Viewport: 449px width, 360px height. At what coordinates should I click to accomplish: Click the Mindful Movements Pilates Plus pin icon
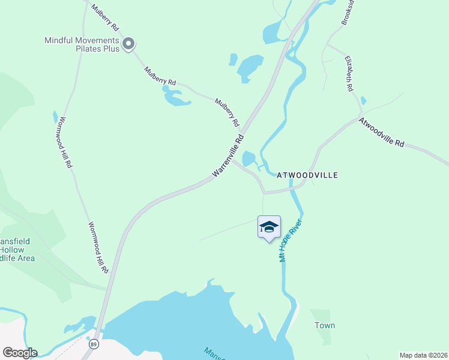tap(128, 44)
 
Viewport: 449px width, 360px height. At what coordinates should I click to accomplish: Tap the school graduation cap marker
tap(269, 227)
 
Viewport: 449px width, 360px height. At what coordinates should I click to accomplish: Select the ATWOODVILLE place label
tap(307, 175)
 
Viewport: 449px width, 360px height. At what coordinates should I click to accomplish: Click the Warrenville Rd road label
tap(228, 155)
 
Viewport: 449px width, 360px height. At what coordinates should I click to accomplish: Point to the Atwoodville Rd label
tap(382, 132)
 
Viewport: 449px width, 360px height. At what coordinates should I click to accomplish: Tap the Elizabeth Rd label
tap(349, 74)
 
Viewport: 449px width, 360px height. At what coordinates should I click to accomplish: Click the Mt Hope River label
tap(289, 241)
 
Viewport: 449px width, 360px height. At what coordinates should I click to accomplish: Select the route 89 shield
tap(94, 344)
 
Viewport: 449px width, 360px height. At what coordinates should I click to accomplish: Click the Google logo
tap(20, 353)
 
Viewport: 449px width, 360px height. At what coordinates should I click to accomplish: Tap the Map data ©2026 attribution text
tap(423, 355)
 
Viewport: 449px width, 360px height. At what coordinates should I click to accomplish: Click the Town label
tap(325, 325)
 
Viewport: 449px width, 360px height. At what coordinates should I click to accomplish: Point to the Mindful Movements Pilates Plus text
tap(82, 44)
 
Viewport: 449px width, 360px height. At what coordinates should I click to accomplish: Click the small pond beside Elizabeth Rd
tap(364, 100)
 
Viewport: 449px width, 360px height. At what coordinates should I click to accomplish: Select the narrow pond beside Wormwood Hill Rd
tap(56, 116)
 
